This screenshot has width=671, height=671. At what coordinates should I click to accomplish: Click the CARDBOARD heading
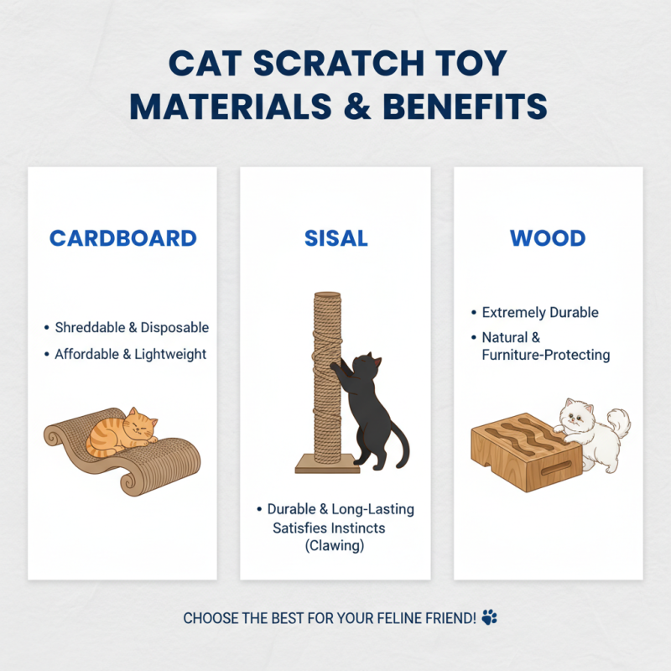(x=122, y=238)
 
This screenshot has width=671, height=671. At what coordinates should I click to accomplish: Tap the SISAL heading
(x=335, y=238)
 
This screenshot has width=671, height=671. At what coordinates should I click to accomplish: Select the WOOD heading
(x=548, y=238)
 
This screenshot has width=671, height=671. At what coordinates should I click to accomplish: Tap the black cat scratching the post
(x=368, y=403)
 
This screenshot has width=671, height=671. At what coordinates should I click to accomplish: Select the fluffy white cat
(x=587, y=432)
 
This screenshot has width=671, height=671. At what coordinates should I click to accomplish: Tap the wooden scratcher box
(x=524, y=450)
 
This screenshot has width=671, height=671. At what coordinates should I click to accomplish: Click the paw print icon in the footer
(x=490, y=618)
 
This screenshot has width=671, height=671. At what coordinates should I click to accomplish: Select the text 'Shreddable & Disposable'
(x=132, y=328)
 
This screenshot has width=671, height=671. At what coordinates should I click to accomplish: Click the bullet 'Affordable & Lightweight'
(x=130, y=354)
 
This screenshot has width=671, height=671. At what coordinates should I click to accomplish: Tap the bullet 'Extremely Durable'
(x=540, y=313)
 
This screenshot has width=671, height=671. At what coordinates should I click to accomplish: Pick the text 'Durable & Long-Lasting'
(x=341, y=509)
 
